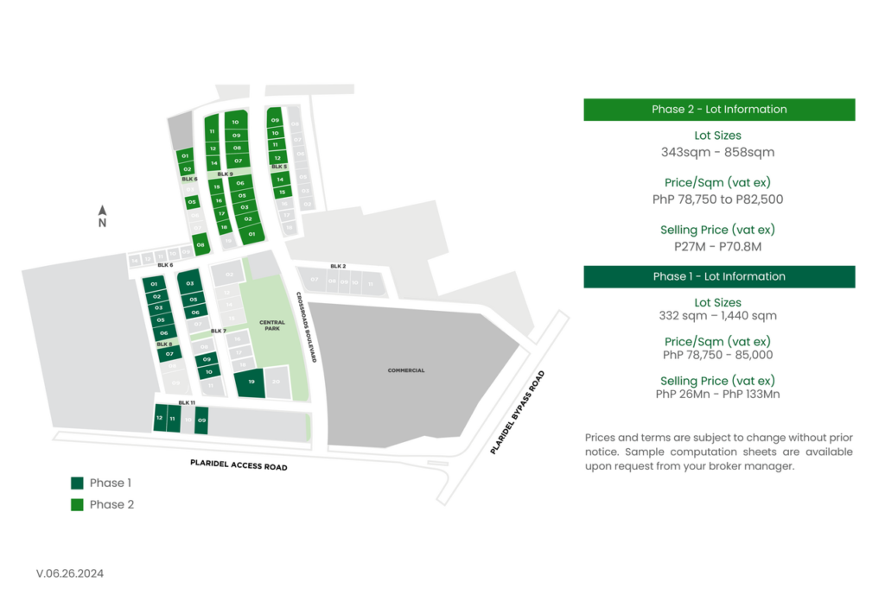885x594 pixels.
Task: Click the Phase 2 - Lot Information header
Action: click(x=719, y=110)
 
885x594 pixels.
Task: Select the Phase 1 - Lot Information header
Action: click(x=719, y=276)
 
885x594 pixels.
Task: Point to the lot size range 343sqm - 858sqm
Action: click(x=717, y=153)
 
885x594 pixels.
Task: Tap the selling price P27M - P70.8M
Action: click(x=717, y=247)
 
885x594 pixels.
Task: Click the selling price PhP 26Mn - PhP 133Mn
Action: click(x=717, y=395)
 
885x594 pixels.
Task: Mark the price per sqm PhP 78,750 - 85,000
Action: click(x=717, y=355)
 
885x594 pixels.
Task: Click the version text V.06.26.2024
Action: click(x=70, y=573)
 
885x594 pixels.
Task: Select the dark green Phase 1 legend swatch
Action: click(x=77, y=483)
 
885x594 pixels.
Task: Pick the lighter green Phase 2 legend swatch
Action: click(x=77, y=505)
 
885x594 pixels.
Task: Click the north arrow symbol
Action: click(x=102, y=210)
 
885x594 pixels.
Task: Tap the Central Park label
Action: click(x=271, y=325)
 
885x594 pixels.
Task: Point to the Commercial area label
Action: click(x=406, y=370)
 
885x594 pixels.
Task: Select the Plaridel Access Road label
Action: click(x=239, y=466)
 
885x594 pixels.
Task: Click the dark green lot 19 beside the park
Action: click(x=251, y=382)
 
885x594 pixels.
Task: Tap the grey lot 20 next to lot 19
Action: click(x=277, y=382)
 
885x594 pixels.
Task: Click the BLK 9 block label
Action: click(x=225, y=174)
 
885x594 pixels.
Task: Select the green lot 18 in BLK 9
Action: click(x=224, y=227)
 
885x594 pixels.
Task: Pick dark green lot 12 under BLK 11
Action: click(x=159, y=419)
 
